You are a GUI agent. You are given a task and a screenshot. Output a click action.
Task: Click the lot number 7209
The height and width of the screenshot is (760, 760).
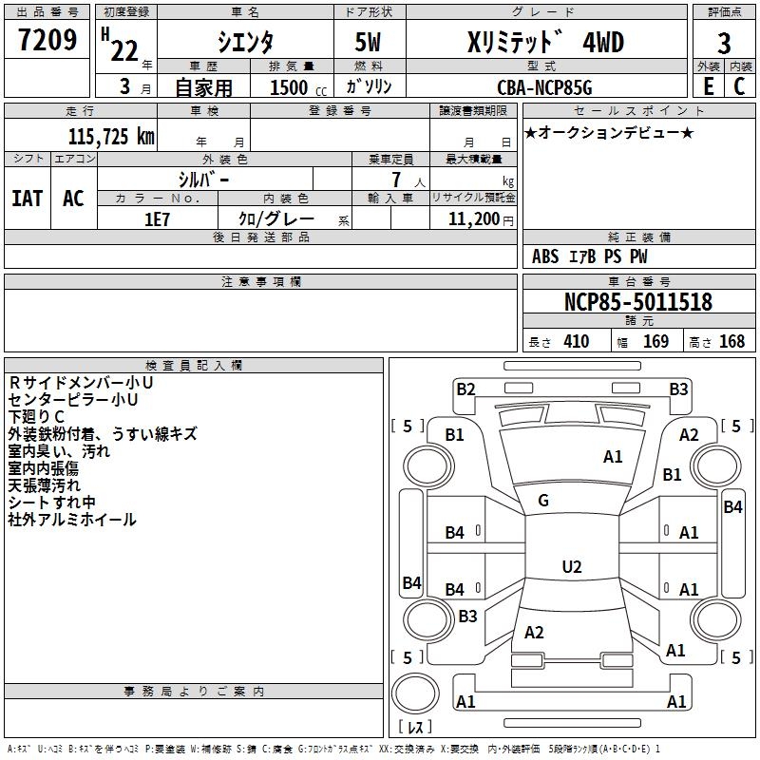tap(47, 41)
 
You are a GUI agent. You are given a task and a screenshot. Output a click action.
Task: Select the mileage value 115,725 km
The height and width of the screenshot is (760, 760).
tap(111, 136)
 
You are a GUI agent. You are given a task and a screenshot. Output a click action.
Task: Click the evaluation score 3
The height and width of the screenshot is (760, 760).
tap(725, 43)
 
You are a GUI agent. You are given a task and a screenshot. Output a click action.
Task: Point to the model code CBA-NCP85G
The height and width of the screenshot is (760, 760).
tap(543, 87)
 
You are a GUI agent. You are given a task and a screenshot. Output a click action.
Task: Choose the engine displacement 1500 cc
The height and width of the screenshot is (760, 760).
tap(289, 87)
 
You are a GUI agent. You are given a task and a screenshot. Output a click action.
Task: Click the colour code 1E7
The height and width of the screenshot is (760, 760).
tap(157, 218)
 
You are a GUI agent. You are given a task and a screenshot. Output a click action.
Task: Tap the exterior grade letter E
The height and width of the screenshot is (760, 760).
tap(708, 86)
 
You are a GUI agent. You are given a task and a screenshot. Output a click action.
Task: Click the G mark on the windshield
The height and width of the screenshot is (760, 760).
tap(543, 501)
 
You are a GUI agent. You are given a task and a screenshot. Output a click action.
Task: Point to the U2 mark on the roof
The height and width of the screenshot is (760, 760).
tap(571, 566)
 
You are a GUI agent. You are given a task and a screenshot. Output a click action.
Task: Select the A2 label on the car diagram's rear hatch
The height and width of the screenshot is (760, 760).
tap(534, 633)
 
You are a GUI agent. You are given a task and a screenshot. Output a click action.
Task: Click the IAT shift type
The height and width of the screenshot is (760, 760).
tap(28, 199)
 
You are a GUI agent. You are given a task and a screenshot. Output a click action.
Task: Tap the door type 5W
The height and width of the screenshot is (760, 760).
tap(370, 43)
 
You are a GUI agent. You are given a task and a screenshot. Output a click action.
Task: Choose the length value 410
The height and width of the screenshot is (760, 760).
tap(576, 341)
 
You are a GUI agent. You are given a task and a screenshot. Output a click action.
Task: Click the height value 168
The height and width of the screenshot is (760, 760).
tap(732, 341)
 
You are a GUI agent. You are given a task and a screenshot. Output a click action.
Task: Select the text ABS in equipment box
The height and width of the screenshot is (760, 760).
tap(545, 256)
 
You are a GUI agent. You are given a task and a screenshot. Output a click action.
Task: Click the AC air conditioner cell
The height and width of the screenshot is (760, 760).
tap(73, 199)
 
